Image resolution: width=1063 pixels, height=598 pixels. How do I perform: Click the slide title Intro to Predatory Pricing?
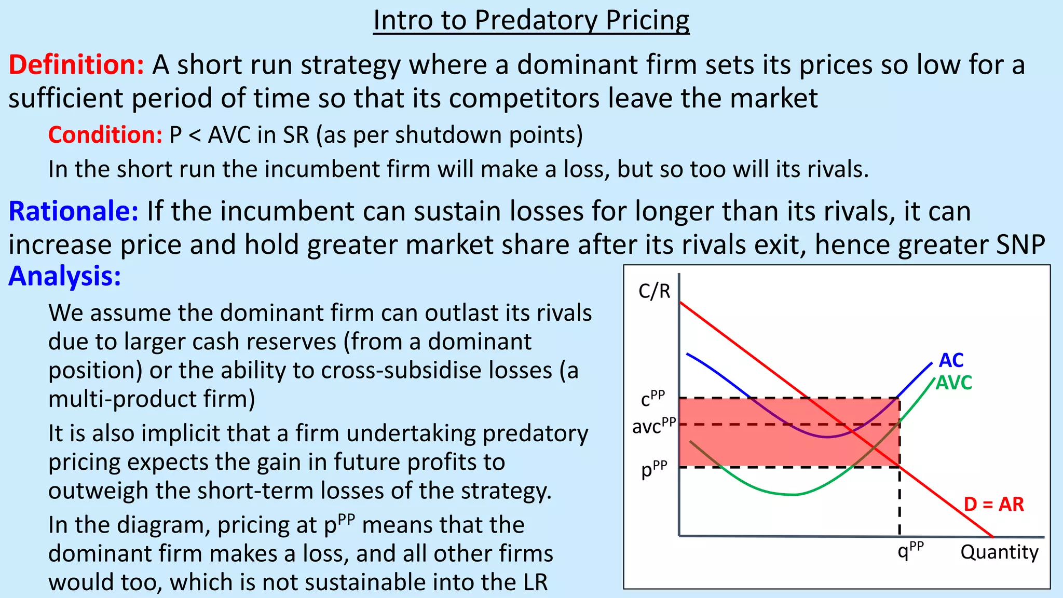pos(531,21)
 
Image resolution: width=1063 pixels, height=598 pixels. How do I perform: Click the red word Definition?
pos(76,65)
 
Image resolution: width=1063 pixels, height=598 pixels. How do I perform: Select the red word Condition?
pos(105,135)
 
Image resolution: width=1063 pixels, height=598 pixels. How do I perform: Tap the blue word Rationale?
pos(73,211)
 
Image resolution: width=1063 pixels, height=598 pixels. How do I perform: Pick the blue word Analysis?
pos(64,276)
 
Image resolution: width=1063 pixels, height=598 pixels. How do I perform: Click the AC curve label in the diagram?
pos(951,360)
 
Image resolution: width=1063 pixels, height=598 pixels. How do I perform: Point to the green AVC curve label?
pos(953,383)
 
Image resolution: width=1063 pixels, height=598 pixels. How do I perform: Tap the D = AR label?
pos(993,504)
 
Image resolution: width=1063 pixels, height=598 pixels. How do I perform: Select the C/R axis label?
pos(654,291)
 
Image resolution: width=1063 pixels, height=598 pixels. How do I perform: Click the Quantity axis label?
pos(999,552)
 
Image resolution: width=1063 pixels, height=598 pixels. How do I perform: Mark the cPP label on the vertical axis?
pos(652,398)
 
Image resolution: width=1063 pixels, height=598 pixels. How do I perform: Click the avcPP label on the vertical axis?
pos(653,426)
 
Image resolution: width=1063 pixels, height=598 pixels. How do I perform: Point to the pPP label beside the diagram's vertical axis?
pos(654,469)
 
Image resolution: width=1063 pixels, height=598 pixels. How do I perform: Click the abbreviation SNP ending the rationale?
pos(1020,244)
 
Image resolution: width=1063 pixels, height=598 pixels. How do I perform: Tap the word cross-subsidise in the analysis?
pos(437,371)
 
